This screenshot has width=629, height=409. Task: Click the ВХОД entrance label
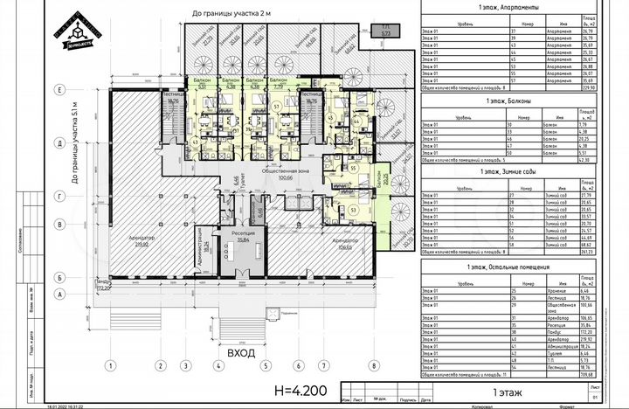point(240,353)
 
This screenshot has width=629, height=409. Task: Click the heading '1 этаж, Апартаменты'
point(508,7)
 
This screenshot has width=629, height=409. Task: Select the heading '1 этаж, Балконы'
point(508,101)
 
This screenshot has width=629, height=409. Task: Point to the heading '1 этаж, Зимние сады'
point(508,172)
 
